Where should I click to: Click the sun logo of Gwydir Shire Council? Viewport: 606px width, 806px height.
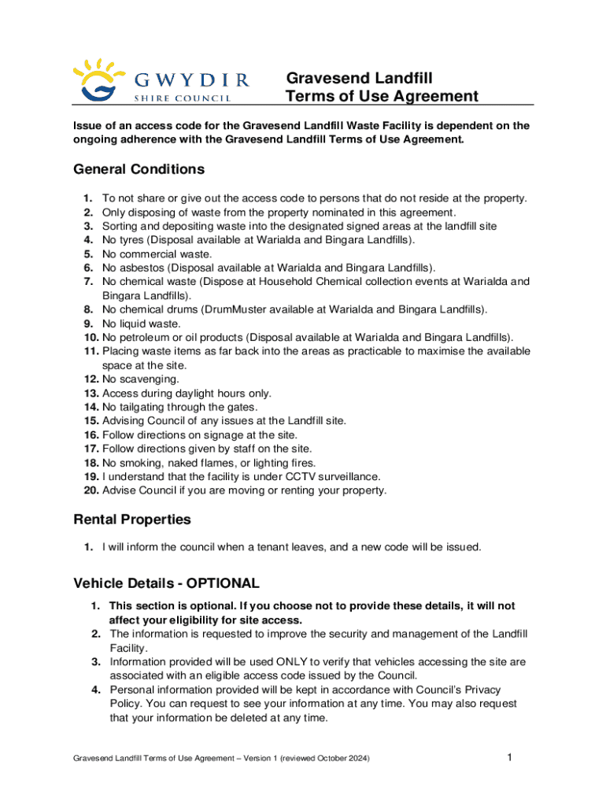(x=94, y=79)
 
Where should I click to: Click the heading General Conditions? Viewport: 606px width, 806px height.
(x=139, y=169)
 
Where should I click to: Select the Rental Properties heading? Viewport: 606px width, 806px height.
(x=131, y=519)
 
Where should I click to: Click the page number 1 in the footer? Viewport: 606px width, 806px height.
(x=510, y=758)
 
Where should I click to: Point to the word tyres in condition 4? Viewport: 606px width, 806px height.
(x=132, y=240)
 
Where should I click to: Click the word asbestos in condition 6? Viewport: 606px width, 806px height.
(x=140, y=268)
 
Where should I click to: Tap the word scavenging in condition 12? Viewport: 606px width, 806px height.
(x=143, y=379)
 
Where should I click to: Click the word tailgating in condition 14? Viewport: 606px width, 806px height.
(x=141, y=407)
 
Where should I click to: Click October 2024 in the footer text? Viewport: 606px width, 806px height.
(x=342, y=759)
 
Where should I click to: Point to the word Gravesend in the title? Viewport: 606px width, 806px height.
(x=323, y=79)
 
